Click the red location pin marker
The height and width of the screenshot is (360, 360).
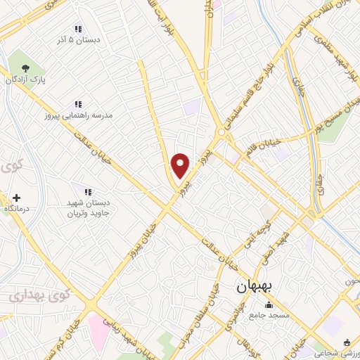click(181, 165)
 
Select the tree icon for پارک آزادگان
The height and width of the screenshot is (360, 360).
click(25, 68)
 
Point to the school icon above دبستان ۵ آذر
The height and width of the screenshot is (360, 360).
click(79, 29)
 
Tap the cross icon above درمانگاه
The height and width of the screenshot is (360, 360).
click(16, 199)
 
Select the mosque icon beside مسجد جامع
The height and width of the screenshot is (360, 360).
click(268, 305)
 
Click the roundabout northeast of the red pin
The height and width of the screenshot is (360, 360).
click(221, 131)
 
